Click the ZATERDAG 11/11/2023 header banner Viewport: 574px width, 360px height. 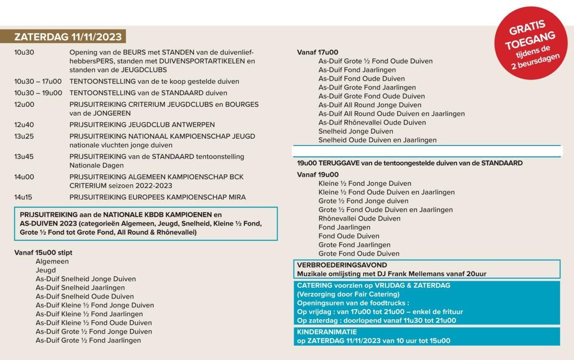tap(67, 37)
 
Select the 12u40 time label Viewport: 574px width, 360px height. tap(24, 124)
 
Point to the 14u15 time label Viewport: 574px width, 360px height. tap(24, 197)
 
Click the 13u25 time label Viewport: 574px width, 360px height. tap(24, 136)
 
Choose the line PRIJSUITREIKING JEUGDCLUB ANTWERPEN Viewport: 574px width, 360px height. tap(142, 124)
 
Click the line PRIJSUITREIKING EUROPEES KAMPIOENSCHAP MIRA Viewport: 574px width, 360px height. tap(157, 197)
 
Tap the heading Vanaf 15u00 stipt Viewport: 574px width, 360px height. tap(44, 252)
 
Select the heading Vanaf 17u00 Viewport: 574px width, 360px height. tap(318, 52)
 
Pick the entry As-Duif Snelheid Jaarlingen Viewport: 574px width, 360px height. tap(80, 288)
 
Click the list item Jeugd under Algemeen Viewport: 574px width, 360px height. tap(45, 270)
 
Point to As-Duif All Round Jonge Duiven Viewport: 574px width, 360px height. tap(370, 105)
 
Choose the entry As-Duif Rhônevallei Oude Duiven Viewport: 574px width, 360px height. tap(372, 123)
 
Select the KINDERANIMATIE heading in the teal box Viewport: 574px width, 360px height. tap(327, 331)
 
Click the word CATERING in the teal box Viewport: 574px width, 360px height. tap(314, 285)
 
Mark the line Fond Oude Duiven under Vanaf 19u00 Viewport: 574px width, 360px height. tap(349, 236)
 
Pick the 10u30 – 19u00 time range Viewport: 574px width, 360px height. tap(38, 93)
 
